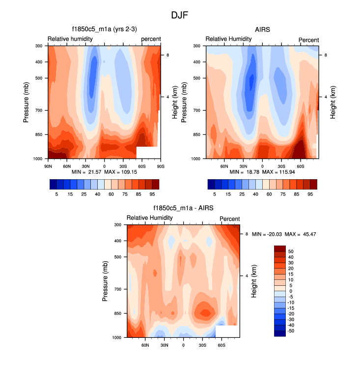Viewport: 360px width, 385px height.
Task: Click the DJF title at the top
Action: (x=179, y=15)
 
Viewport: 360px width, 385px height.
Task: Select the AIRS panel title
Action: (x=262, y=29)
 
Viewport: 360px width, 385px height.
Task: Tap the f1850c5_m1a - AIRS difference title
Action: (x=183, y=208)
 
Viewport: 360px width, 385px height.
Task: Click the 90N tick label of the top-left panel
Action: (x=48, y=166)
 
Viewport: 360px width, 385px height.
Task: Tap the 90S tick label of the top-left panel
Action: (x=160, y=166)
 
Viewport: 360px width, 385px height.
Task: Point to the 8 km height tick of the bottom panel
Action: (x=247, y=234)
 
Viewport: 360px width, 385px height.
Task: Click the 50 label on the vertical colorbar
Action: (x=291, y=251)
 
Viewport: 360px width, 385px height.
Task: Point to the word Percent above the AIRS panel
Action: (x=308, y=40)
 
